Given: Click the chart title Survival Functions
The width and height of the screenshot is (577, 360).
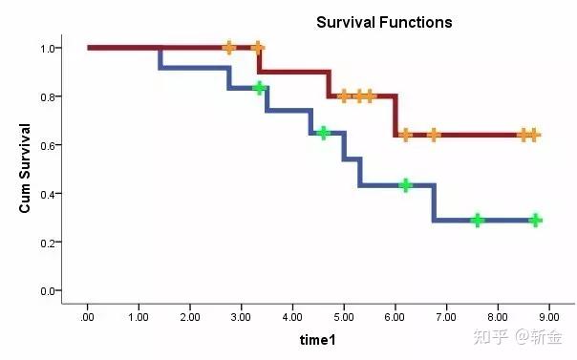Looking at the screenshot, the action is click(x=384, y=22).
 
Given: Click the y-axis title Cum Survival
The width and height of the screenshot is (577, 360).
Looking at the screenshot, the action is click(x=25, y=168).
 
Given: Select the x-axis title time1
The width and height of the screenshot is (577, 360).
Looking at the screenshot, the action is click(x=317, y=340).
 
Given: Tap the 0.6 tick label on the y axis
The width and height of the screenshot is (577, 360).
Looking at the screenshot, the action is click(x=48, y=145).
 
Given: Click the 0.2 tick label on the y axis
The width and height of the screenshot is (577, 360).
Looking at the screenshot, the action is click(x=48, y=243).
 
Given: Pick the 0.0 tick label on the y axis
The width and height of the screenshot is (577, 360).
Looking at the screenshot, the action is click(x=48, y=291).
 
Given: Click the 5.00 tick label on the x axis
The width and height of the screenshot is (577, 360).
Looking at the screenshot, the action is click(x=344, y=317).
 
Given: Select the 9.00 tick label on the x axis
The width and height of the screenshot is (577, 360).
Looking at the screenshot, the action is click(x=549, y=317).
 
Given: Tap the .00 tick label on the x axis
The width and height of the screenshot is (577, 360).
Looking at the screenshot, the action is click(x=87, y=317).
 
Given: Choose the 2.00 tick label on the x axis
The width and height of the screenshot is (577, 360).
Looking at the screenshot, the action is click(x=190, y=317).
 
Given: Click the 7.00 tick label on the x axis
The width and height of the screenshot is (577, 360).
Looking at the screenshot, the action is click(x=446, y=317).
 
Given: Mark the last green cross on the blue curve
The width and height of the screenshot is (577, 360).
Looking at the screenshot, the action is click(x=536, y=221).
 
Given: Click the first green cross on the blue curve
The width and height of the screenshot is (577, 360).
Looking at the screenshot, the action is click(x=260, y=88).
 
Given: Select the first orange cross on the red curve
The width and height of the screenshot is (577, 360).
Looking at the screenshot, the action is click(x=229, y=48).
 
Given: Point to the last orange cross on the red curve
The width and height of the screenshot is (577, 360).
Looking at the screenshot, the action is click(x=534, y=136).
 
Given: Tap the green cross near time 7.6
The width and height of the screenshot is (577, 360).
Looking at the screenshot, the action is click(x=478, y=221).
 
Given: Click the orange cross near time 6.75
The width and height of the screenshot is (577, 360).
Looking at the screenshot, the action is click(x=434, y=136).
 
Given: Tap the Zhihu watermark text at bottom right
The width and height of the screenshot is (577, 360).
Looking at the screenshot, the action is click(x=518, y=336).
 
